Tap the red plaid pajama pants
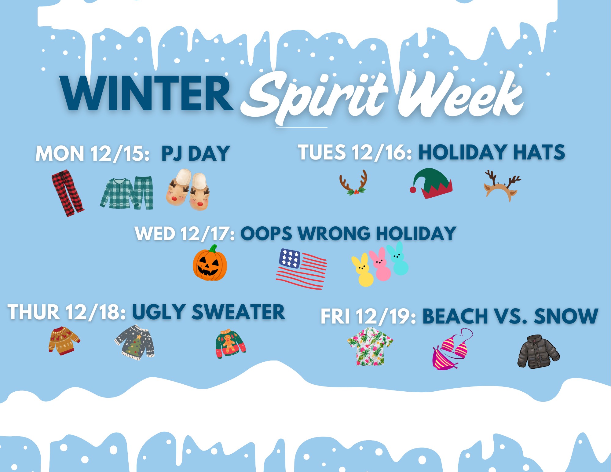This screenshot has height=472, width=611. click(67, 193)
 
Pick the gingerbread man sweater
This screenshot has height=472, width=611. click(230, 344)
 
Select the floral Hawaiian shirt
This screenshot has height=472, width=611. click(370, 346)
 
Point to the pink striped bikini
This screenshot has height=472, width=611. click(452, 350)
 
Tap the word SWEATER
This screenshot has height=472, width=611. click(238, 312)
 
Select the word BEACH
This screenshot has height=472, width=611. click(455, 316)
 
